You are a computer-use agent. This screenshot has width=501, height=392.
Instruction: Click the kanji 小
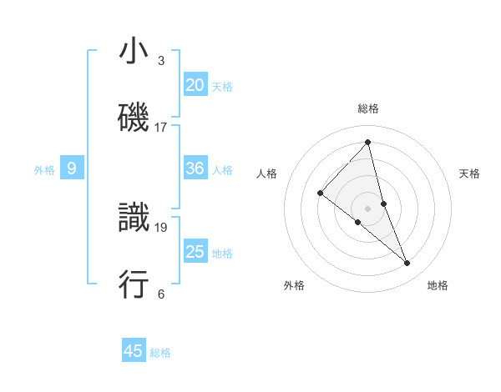coord(134,52)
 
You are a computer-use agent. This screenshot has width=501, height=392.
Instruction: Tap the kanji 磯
coord(134,118)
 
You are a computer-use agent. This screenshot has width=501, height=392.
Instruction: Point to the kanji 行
coord(134,284)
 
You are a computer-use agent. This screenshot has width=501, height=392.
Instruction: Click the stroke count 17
coord(161,128)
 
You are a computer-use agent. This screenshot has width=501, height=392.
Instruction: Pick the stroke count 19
coord(161,227)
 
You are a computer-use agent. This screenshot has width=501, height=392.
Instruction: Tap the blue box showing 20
coord(195,85)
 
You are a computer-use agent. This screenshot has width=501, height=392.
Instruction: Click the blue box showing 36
coord(195,168)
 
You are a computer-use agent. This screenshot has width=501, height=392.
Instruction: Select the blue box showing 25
coord(195,252)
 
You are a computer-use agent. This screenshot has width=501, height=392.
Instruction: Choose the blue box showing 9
coord(72,168)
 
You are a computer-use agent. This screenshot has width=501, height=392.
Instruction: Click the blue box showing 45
coord(134,351)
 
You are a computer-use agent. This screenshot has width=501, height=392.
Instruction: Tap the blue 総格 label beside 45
coord(160,353)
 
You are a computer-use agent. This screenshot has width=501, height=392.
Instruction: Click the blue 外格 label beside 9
coord(44,170)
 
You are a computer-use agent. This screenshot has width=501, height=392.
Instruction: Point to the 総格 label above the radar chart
coord(368,108)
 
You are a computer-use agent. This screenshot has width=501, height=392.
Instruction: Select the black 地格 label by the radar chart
coord(438,286)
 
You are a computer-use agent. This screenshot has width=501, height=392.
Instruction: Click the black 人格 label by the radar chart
coord(267,173)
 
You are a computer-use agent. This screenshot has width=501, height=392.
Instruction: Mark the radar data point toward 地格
coord(407,264)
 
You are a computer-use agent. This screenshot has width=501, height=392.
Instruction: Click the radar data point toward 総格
coord(368,142)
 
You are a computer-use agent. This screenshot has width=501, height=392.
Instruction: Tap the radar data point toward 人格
coord(320,193)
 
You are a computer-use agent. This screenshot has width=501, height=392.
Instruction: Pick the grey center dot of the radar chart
coord(368,208)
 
